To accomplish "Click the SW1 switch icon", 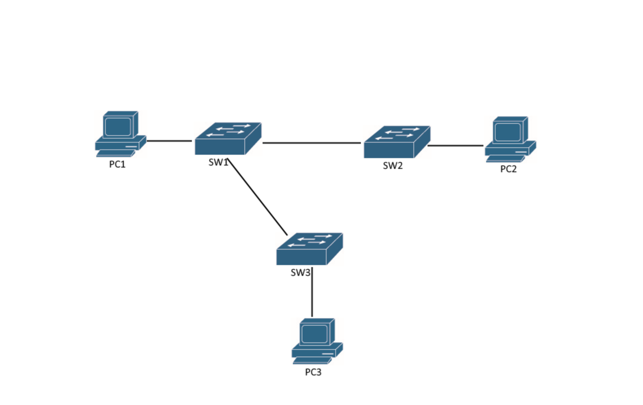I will tap(228, 139).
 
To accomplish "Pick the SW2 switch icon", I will tap(397, 142).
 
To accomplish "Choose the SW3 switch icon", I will tap(309, 249).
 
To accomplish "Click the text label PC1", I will tap(117, 164).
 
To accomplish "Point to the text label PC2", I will tap(508, 169).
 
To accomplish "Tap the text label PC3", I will tap(313, 372).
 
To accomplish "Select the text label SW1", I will tap(218, 162).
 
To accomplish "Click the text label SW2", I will tap(393, 166).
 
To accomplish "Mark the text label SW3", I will tap(300, 272).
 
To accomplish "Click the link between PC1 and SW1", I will tap(169, 141).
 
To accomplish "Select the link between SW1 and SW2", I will tap(311, 143).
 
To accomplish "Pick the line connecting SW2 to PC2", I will tap(455, 146).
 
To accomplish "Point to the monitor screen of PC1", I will tap(118, 127).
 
